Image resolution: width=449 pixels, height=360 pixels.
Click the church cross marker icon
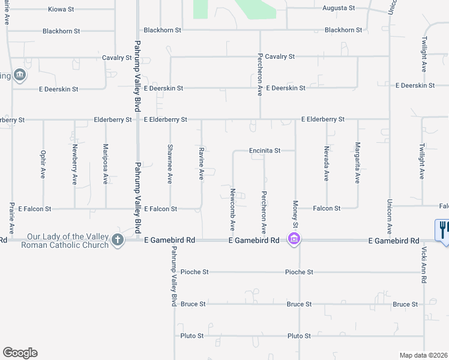click(x=117, y=240)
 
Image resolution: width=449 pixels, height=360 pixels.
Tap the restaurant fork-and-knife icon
click(x=443, y=230)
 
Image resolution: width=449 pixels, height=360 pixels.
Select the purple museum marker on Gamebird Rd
click(x=294, y=239)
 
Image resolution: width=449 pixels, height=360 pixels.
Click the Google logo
click(x=20, y=353)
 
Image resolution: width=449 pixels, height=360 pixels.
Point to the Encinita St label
click(x=265, y=151)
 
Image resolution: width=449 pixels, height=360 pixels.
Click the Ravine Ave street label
click(x=201, y=165)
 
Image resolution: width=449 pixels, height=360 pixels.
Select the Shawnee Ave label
click(x=170, y=164)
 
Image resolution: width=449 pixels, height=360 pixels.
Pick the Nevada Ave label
click(x=327, y=164)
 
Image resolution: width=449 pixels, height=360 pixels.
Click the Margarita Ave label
click(x=358, y=163)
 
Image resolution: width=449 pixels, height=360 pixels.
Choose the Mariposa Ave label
click(x=106, y=163)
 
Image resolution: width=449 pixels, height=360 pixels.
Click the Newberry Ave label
click(x=75, y=164)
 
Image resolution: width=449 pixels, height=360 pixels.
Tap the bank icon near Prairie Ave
click(x=20, y=75)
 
